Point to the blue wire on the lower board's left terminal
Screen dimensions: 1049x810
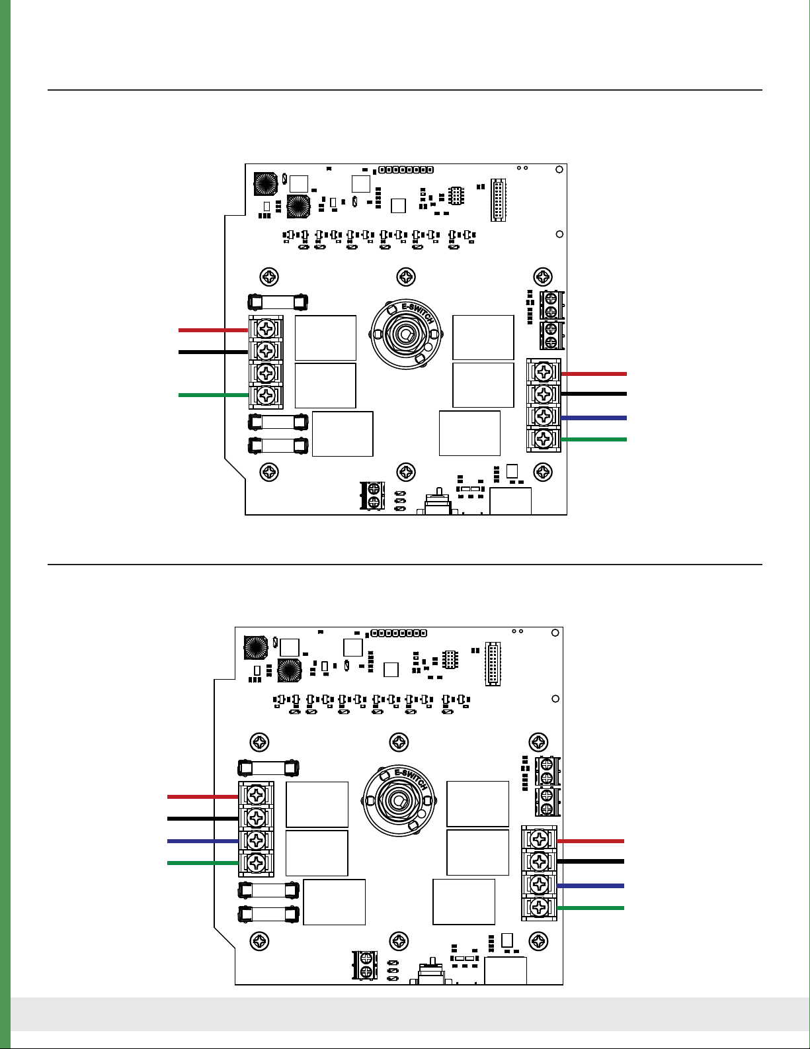click(x=202, y=841)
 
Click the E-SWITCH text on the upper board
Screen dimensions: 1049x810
click(x=419, y=312)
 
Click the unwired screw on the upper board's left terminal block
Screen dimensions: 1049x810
click(x=266, y=373)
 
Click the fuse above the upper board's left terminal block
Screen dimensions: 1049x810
click(x=278, y=302)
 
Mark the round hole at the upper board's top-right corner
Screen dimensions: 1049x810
click(x=559, y=170)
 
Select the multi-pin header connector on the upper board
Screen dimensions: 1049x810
click(x=497, y=199)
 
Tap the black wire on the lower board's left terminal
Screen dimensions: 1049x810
click(x=202, y=819)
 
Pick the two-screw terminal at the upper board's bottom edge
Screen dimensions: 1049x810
click(x=373, y=496)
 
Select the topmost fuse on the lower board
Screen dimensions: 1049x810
click(x=268, y=768)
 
